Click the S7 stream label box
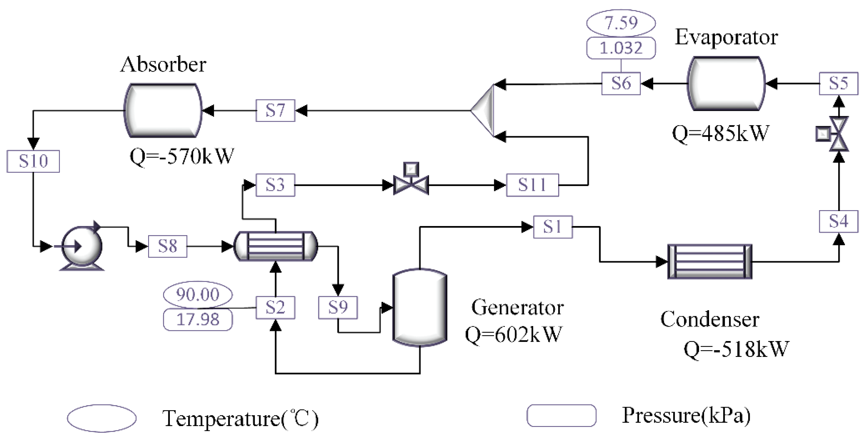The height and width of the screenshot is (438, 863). coord(275,110)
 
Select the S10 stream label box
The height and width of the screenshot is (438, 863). coord(33,161)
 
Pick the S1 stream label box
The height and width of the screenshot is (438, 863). coord(552,227)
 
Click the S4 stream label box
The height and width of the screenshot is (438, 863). coord(838,221)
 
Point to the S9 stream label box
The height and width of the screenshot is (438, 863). coord(338,307)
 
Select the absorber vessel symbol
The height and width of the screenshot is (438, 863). coord(163,110)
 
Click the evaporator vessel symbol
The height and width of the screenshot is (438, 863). coord(726,84)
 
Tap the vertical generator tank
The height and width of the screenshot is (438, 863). coord(420,307)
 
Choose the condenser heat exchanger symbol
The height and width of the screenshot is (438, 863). coord(710,262)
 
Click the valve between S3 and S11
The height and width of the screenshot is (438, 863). coord(411,183)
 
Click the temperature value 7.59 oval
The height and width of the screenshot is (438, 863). coord(621,23)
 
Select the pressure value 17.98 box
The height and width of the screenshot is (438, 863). coord(198,319)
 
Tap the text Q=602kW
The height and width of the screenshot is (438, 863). coord(513,334)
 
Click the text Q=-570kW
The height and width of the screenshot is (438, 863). coord(181,156)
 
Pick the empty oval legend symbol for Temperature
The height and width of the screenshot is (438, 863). coord(102,418)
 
